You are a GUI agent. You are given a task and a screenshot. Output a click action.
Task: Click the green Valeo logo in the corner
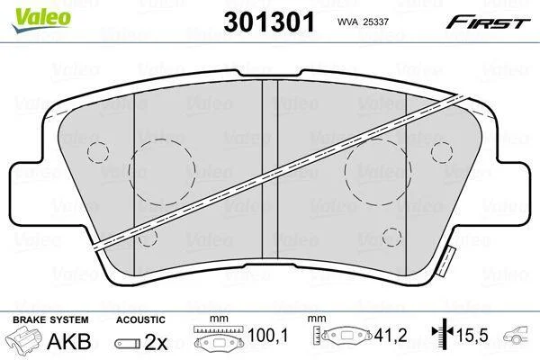coord(41,20)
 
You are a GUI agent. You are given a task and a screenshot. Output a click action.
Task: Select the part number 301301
coord(269,22)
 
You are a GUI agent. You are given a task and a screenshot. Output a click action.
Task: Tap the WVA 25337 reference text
coord(363,22)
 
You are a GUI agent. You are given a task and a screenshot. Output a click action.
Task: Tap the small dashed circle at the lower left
coord(148,228)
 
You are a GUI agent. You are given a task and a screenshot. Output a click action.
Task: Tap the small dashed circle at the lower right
coord(391,228)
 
